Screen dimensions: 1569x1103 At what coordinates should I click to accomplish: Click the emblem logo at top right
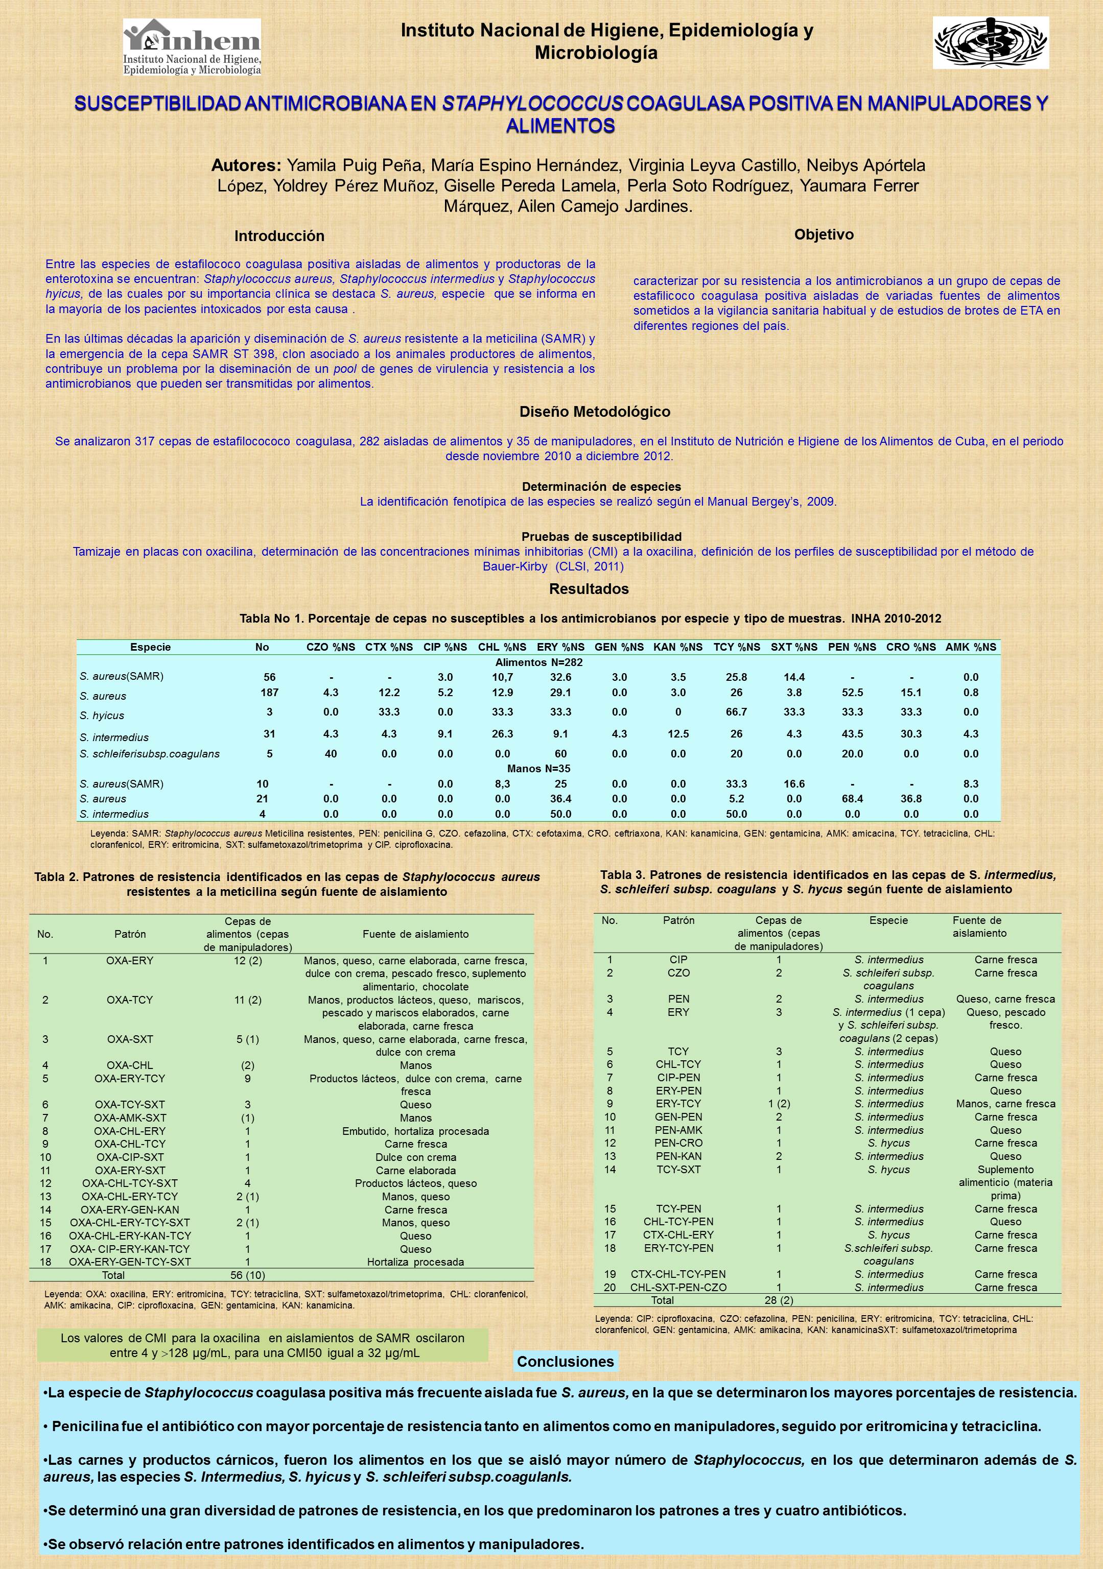point(991,43)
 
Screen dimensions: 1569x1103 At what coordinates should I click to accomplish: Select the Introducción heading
point(279,236)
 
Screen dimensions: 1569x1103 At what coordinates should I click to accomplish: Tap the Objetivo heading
point(824,234)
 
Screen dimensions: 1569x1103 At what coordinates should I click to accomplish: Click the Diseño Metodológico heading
point(595,411)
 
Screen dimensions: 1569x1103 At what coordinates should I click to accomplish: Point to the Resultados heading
point(589,588)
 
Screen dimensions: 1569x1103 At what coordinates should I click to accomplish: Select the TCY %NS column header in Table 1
point(736,647)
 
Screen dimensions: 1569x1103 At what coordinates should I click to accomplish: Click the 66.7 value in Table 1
point(736,712)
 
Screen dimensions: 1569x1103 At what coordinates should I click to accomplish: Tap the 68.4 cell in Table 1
point(852,799)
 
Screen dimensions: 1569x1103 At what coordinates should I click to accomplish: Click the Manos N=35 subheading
point(538,769)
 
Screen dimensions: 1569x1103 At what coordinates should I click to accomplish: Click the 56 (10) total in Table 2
point(247,1274)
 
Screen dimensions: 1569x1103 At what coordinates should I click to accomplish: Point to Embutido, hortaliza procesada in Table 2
point(415,1131)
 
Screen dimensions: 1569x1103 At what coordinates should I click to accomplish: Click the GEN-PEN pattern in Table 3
point(678,1116)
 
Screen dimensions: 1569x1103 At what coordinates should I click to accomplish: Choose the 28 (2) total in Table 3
point(778,1300)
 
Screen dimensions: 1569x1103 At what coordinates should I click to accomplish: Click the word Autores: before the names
point(246,165)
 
